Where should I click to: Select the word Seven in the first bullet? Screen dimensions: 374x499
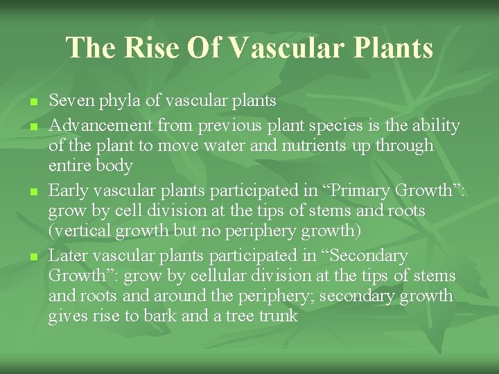point(69,101)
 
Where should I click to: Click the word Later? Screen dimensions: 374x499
point(67,256)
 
